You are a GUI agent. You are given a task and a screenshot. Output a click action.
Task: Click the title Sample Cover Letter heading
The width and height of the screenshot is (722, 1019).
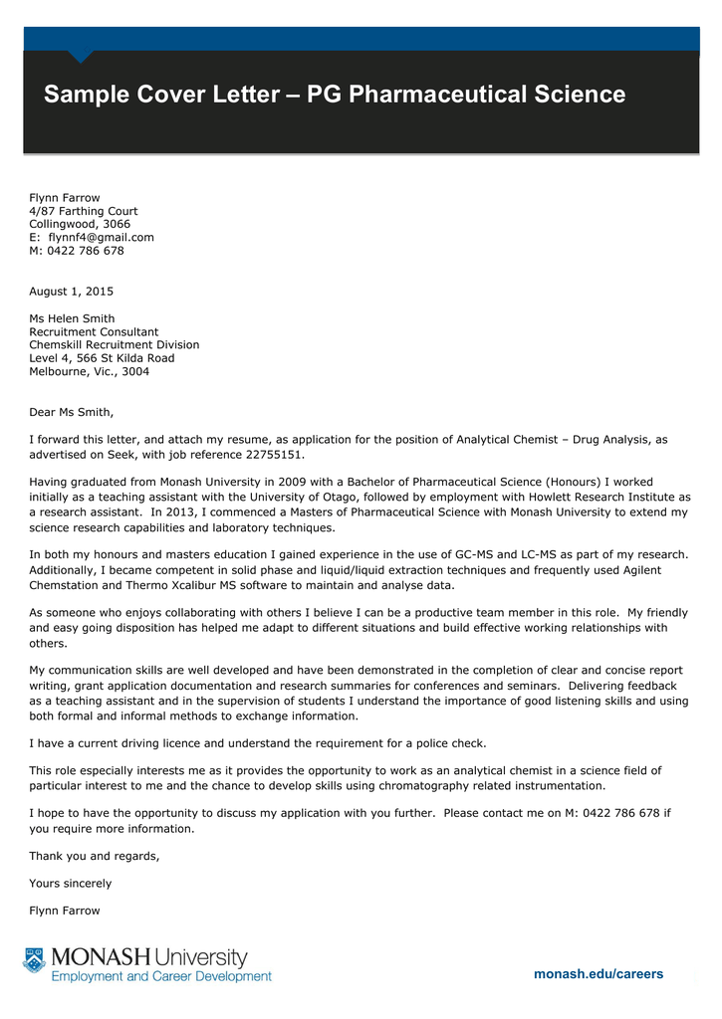(x=335, y=95)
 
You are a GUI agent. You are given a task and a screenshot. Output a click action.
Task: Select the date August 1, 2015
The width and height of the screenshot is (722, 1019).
(x=71, y=292)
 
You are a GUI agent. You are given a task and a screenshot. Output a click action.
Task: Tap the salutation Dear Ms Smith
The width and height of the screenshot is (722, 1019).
(x=71, y=412)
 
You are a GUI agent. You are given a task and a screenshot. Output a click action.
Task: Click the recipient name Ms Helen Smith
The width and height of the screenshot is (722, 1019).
(x=72, y=318)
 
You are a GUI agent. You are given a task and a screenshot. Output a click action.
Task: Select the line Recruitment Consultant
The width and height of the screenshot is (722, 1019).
(x=94, y=332)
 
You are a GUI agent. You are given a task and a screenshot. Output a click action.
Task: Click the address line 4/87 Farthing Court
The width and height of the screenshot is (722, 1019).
(x=84, y=211)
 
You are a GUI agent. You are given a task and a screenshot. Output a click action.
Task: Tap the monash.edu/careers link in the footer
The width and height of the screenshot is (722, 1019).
(x=599, y=974)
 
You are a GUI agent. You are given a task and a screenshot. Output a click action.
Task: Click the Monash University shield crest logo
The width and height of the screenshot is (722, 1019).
(x=35, y=960)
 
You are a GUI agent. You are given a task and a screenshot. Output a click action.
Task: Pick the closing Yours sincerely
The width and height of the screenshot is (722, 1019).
(x=70, y=884)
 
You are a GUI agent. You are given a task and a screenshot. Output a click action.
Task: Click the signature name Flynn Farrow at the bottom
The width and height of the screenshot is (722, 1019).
(x=65, y=911)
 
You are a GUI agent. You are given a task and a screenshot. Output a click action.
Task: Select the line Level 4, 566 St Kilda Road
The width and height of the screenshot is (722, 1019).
(x=102, y=358)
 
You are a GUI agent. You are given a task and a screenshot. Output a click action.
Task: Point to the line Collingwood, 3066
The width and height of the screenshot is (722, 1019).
(x=80, y=224)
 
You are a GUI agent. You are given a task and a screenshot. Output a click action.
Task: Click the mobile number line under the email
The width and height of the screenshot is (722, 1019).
(x=77, y=251)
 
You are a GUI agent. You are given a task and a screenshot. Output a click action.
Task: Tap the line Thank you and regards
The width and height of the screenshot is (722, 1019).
(x=95, y=856)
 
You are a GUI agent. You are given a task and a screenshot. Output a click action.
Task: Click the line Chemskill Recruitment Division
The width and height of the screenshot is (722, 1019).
(x=114, y=345)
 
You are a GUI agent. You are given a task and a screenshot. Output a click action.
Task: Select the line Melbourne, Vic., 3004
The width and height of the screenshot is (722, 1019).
(x=90, y=371)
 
